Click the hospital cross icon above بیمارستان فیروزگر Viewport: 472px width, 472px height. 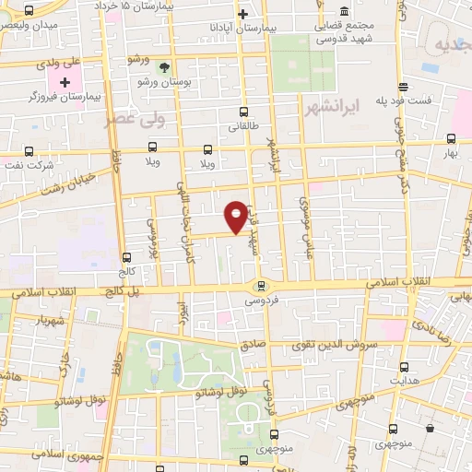coord(65,83)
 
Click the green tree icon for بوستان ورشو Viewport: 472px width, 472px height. coord(165,66)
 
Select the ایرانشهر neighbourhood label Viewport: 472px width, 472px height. coord(329,108)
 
